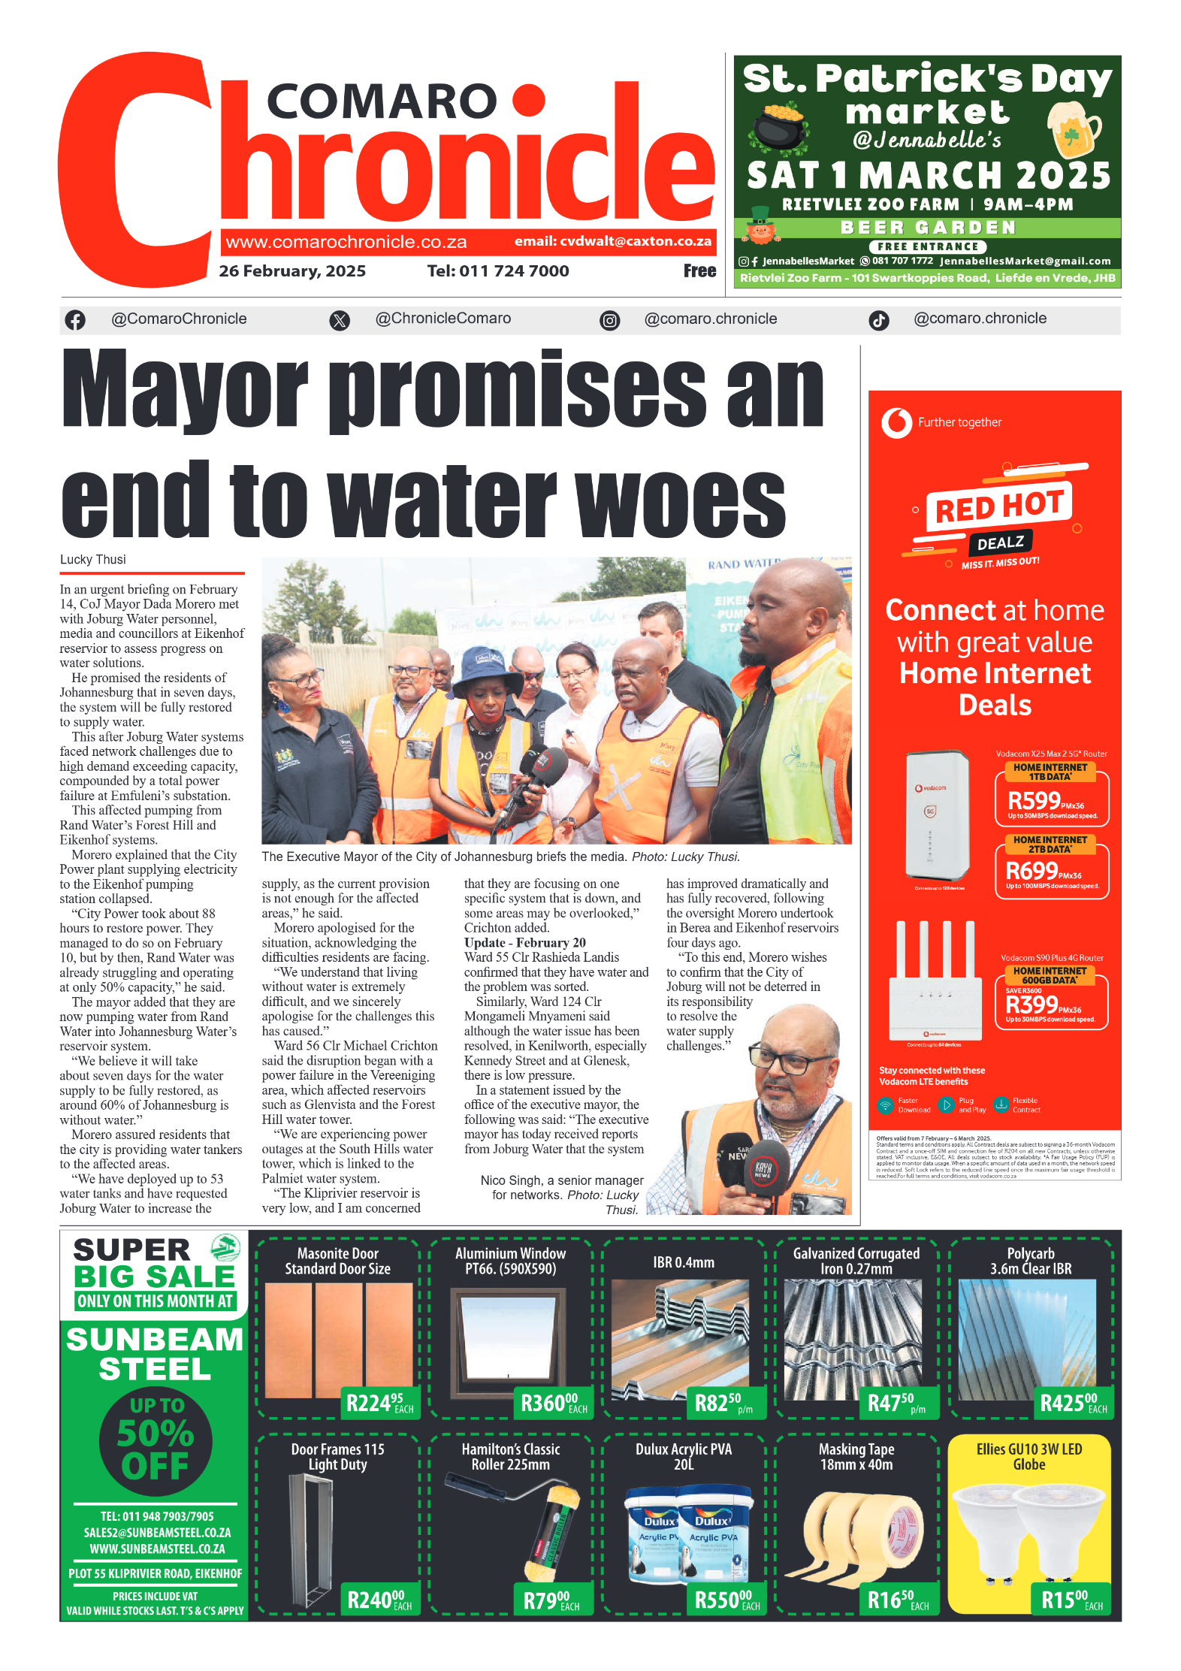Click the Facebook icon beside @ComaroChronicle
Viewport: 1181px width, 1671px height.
click(x=75, y=320)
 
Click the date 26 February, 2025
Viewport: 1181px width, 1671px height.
click(x=292, y=271)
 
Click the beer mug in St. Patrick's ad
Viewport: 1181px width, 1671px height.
click(x=1074, y=128)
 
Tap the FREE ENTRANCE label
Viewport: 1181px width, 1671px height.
click(x=928, y=246)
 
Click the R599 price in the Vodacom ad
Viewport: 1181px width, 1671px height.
click(x=1034, y=801)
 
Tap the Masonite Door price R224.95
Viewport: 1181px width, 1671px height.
click(x=379, y=1403)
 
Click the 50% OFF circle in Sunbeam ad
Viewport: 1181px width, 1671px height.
click(x=156, y=1440)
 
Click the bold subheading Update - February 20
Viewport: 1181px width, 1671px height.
click(x=524, y=943)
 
